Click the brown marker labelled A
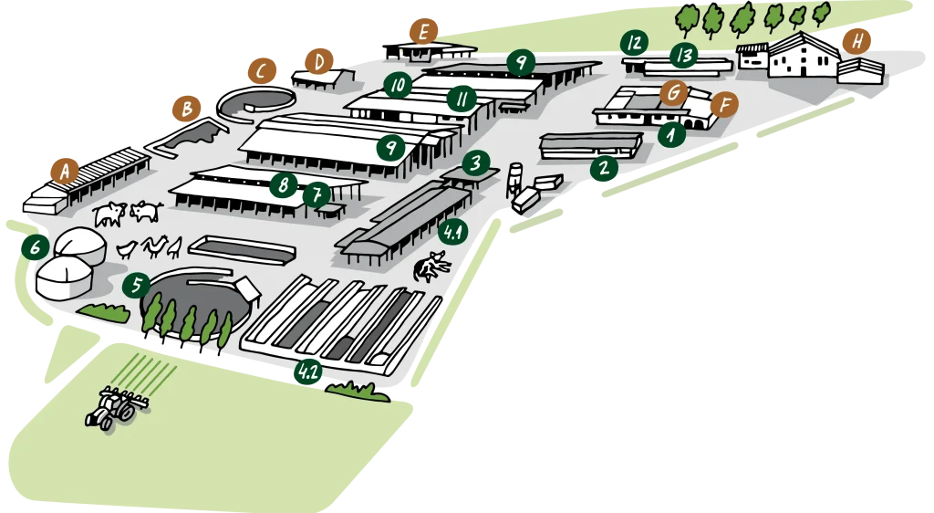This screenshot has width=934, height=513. [x=64, y=171]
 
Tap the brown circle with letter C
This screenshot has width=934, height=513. [x=262, y=70]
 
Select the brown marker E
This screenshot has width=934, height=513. [x=422, y=31]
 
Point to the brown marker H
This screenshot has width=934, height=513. [x=856, y=41]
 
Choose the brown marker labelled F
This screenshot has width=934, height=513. [x=724, y=104]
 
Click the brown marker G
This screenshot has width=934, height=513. [x=673, y=92]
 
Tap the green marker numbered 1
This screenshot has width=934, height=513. [x=671, y=135]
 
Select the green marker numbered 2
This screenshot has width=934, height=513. [x=603, y=168]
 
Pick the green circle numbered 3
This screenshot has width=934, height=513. [x=476, y=163]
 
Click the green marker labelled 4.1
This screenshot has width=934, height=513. [x=452, y=233]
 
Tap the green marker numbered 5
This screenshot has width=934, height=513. [x=136, y=286]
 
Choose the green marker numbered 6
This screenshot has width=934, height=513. [x=35, y=247]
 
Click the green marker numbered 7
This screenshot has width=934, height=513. [x=317, y=194]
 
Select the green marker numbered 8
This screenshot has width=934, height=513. [x=284, y=185]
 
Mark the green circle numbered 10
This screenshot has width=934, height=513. [x=397, y=86]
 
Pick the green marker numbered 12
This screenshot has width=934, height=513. [x=633, y=43]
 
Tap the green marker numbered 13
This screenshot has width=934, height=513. [x=683, y=55]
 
